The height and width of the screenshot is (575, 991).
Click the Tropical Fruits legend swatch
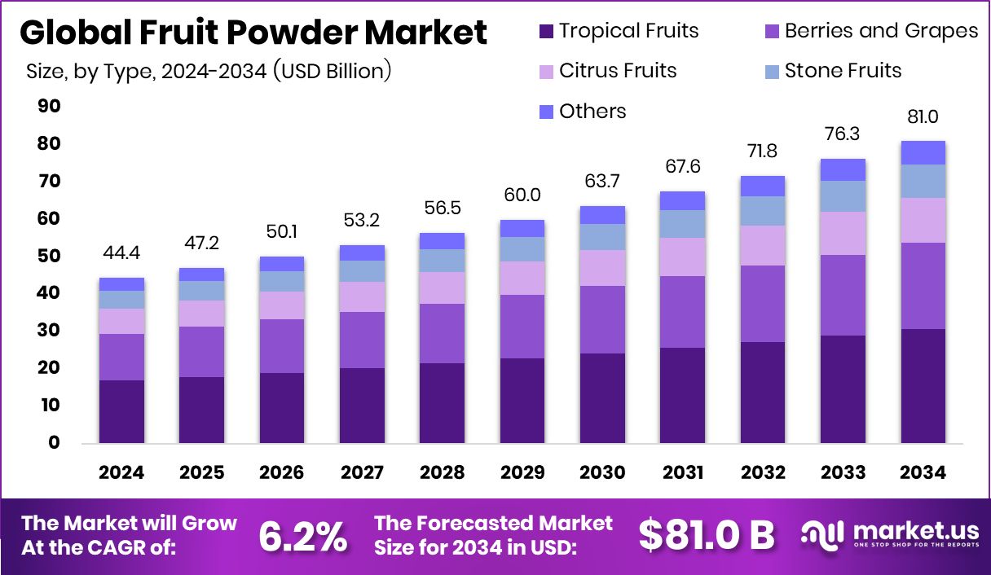click(546, 32)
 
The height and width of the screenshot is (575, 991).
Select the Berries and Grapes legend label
click(881, 31)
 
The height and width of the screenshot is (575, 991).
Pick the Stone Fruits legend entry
click(843, 71)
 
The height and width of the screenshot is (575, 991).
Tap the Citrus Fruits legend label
click(618, 71)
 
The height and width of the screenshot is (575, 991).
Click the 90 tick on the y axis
click(49, 107)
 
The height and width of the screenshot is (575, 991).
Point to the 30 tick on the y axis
click(49, 331)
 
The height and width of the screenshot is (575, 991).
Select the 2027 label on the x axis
click(362, 473)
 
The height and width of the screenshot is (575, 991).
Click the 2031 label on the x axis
click(682, 473)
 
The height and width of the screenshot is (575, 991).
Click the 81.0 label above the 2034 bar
click(923, 117)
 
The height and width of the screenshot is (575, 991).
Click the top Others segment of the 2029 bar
click(522, 228)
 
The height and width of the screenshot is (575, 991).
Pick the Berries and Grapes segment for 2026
click(282, 346)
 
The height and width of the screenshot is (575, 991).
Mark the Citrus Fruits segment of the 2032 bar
click(763, 245)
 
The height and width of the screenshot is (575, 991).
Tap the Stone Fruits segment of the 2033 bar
click(843, 196)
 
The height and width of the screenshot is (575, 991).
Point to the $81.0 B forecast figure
click(706, 535)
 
